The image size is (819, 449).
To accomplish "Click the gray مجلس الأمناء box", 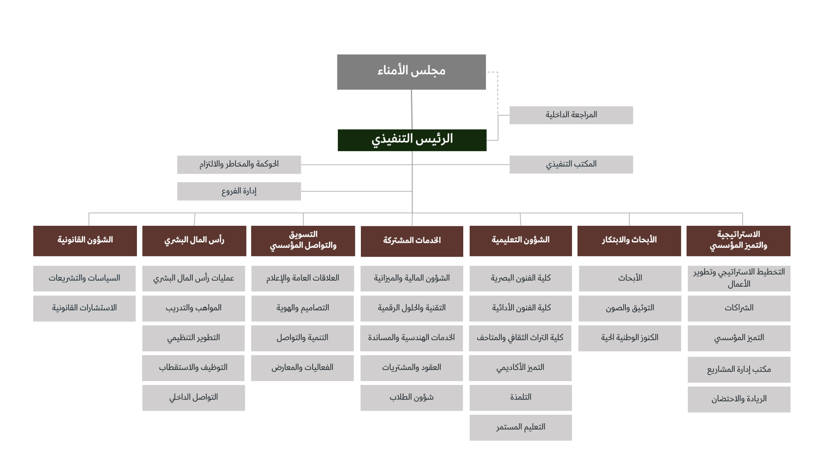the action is point(411,72).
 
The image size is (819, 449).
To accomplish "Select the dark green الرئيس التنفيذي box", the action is point(412,140).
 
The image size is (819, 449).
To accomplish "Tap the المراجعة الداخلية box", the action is point(571,115).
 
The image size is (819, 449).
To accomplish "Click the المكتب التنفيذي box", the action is point(571,164).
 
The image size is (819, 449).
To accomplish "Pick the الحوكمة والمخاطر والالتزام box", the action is point(239,164).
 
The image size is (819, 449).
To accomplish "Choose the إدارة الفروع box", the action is point(239,191).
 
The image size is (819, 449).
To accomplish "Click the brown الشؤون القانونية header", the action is point(85,241).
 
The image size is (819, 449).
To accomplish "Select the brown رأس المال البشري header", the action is point(194,241).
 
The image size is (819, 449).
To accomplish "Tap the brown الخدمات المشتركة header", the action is point(412,241).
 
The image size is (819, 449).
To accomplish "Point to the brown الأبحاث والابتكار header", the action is point(629,241).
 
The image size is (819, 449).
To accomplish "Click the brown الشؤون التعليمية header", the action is point(520,241).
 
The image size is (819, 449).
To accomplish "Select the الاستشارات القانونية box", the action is point(84,308).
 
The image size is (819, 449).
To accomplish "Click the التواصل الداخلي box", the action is point(194,398).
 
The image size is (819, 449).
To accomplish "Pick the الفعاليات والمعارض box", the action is point(302,368).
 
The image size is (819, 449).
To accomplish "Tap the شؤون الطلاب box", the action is point(412,398).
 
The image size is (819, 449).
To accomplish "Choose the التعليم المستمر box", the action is point(520,427).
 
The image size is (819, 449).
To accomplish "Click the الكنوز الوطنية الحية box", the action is point(630,338).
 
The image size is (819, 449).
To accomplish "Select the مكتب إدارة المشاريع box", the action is point(739,370).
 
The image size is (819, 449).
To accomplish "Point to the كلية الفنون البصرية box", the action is point(520,278).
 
